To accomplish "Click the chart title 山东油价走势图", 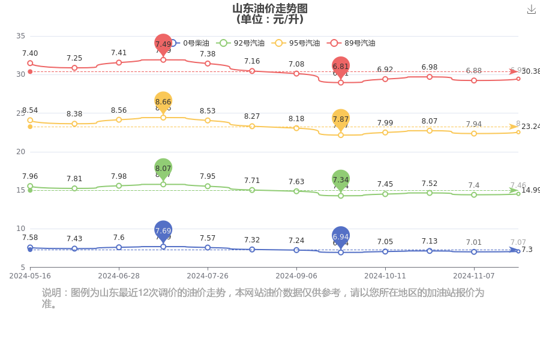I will (270, 8).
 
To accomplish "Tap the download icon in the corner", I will (531, 10).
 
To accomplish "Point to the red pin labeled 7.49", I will (163, 44).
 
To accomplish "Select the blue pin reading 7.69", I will (163, 230).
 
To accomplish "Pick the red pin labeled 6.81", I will (341, 67).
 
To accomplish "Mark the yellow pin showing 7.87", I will (341, 119).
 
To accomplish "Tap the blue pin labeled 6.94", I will (341, 236).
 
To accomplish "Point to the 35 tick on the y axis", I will (21, 36).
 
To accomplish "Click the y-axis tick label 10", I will (21, 229).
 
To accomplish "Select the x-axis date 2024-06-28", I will (119, 276).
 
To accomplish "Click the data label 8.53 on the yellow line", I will (208, 110).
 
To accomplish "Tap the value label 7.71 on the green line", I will (252, 180).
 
